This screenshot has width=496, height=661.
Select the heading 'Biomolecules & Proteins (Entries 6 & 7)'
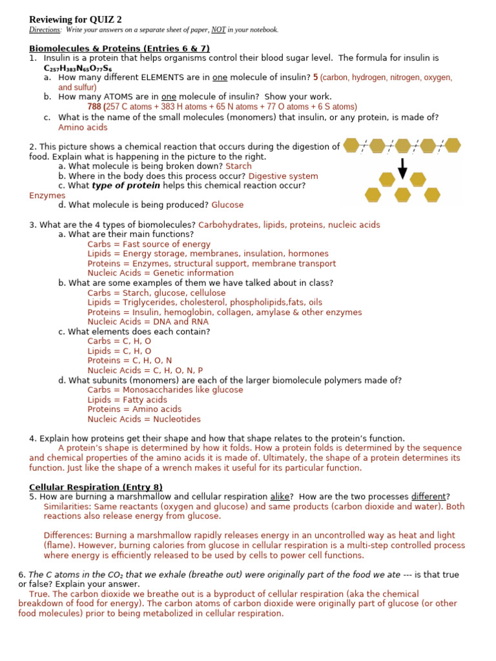point(119,48)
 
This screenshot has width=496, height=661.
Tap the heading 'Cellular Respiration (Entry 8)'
point(96,487)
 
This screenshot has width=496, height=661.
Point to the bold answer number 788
point(94,107)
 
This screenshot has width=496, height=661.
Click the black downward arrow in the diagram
point(403,167)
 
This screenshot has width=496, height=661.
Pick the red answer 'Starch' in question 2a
point(238,166)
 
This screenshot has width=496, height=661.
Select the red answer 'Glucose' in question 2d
point(227,205)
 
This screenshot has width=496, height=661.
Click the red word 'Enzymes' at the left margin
point(47,195)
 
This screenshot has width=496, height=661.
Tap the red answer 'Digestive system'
point(283,176)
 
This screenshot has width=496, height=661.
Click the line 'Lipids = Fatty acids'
point(127,400)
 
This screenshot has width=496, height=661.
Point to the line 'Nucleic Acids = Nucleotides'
point(144,419)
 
